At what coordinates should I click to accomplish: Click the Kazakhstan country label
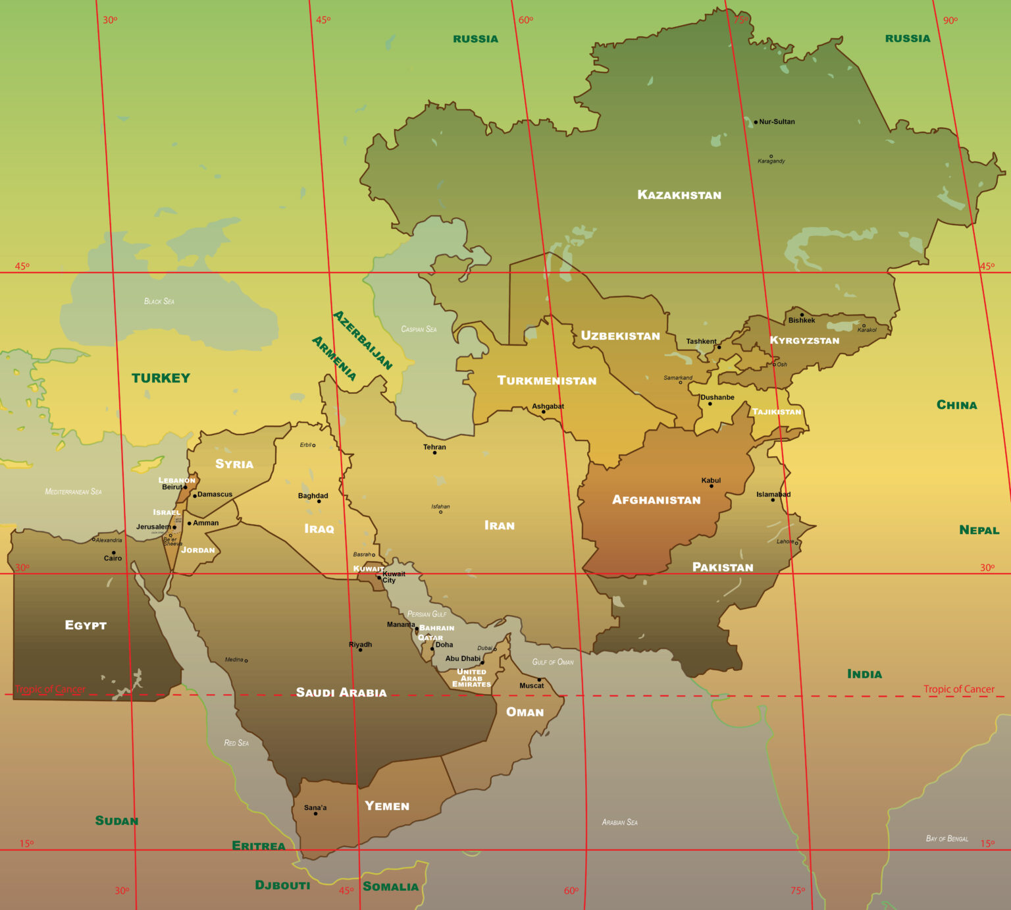[679, 195]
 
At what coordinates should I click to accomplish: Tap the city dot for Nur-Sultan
[756, 122]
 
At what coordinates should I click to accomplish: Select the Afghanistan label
[656, 500]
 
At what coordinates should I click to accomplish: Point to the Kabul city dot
[711, 486]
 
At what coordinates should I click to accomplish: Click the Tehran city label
[434, 447]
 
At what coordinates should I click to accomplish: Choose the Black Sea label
[159, 301]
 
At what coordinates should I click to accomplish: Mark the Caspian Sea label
[419, 329]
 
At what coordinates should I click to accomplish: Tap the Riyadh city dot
[360, 650]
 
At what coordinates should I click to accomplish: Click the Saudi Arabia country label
[341, 693]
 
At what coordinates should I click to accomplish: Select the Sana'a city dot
[315, 813]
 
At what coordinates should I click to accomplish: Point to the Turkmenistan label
[546, 381]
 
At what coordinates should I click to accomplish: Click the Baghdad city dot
[319, 501]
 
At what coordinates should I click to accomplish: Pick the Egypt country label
[86, 625]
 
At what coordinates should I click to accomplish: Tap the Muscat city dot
[539, 680]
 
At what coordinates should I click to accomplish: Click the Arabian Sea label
[619, 822]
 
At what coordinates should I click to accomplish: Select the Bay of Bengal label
[946, 838]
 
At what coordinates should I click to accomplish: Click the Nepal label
[979, 530]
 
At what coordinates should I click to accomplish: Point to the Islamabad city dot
[773, 500]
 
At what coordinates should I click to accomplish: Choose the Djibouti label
[282, 885]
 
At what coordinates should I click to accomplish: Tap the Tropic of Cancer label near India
[958, 689]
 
